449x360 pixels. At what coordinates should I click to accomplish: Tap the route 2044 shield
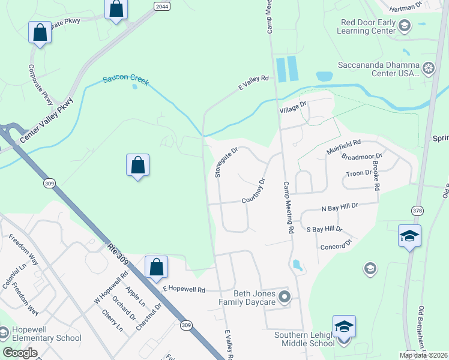161,6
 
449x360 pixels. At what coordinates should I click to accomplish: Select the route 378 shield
417,210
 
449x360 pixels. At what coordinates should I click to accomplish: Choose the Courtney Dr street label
254,191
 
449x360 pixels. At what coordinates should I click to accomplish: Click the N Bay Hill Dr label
340,207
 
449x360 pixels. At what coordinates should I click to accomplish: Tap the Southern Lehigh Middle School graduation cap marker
344,328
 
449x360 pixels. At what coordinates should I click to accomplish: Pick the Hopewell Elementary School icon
4,332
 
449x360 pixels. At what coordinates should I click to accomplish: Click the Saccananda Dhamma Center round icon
429,68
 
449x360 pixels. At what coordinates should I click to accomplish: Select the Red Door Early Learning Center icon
405,25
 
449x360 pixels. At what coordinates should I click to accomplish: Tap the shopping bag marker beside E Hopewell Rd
156,268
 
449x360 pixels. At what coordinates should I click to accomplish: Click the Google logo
20,352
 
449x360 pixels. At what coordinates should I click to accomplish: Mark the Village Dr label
293,109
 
